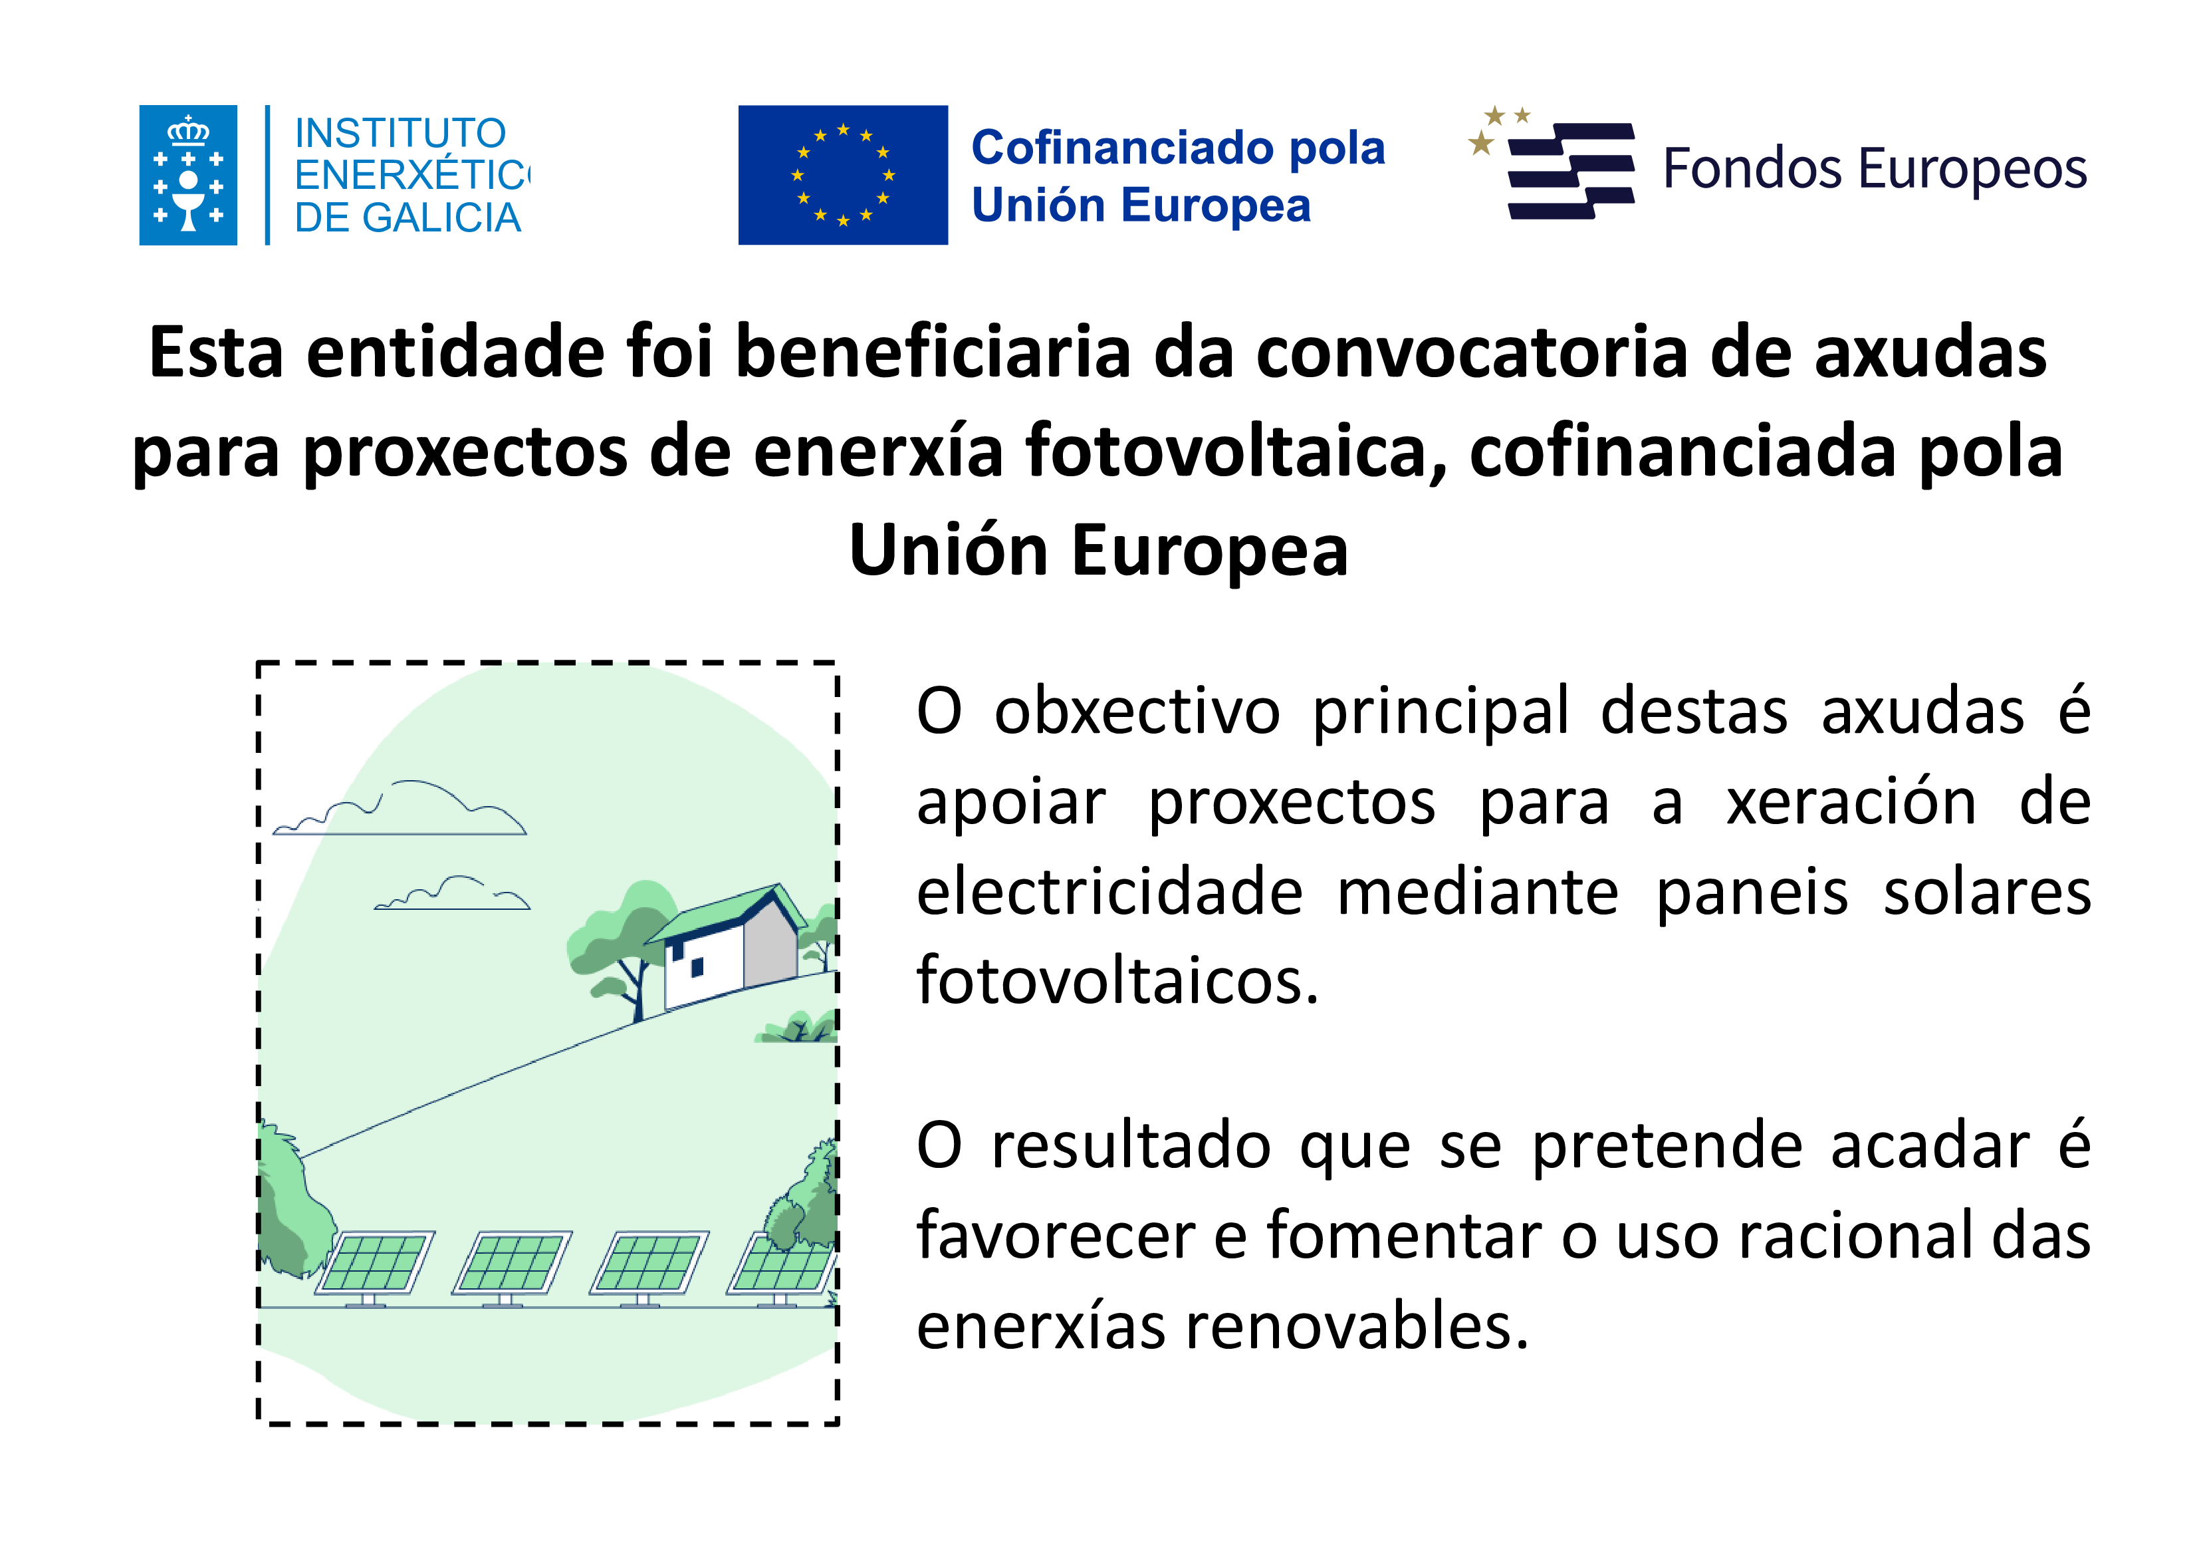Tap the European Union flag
843,176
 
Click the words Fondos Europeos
1875,170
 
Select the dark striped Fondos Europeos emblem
1552,164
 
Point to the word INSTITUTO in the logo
400,133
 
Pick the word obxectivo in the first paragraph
1137,712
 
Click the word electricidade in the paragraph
1110,892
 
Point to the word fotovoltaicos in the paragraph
1117,981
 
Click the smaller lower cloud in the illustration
452,893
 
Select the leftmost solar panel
374,1266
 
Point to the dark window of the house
697,968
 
